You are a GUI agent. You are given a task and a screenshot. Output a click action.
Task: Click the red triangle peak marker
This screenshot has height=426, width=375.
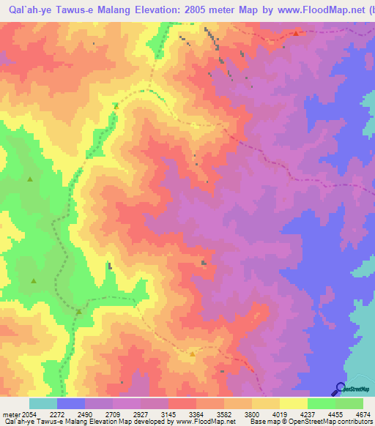coord(296,33)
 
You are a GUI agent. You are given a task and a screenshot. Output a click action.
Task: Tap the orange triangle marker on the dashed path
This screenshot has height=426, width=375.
coord(116,105)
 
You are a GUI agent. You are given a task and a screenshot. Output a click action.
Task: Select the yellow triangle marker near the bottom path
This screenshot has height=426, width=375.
coord(192,354)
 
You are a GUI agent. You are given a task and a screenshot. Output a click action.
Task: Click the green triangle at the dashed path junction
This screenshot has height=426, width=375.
coord(78,312)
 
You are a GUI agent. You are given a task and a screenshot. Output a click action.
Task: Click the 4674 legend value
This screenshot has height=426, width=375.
coord(364,414)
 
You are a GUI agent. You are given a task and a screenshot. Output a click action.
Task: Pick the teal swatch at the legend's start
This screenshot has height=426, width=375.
coord(43,403)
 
